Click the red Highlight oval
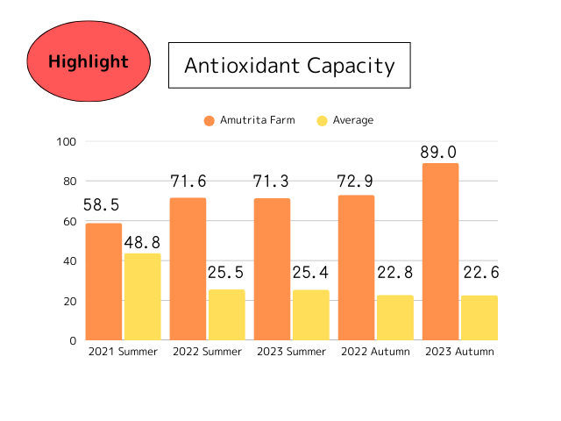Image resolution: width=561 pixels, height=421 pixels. (88, 61)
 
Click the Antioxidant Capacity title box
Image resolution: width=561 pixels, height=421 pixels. (288, 65)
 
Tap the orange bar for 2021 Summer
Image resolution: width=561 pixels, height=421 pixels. (103, 282)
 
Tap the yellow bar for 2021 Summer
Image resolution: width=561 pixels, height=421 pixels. (142, 296)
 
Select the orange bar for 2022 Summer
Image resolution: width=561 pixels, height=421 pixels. (188, 268)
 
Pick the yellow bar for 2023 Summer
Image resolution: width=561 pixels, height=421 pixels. (310, 315)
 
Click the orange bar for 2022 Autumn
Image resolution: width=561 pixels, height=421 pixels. (356, 268)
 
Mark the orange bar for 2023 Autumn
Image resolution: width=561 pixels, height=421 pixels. (440, 252)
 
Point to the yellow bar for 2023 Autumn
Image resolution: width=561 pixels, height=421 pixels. (479, 318)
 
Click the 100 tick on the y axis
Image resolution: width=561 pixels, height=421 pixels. (67, 142)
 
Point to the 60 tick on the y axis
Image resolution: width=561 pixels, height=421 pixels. (69, 222)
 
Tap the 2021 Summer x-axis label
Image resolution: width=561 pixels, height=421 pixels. (123, 352)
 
